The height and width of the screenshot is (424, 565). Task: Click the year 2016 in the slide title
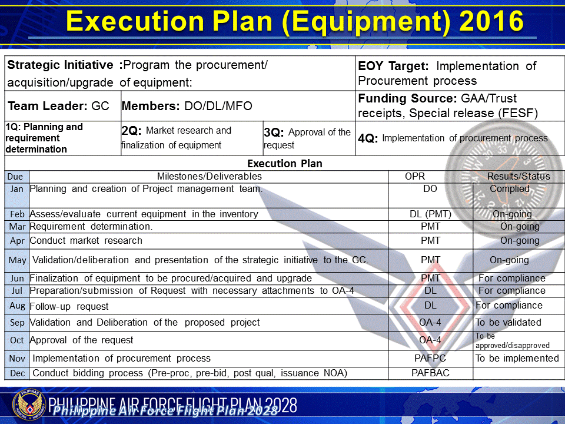tap(490, 22)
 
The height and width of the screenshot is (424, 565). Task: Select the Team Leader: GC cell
tap(59, 107)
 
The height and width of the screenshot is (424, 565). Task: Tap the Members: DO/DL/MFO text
tap(187, 107)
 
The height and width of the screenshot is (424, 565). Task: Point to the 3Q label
tap(274, 132)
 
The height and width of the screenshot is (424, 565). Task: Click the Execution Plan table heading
tap(285, 163)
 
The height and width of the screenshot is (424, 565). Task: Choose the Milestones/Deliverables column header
tap(209, 176)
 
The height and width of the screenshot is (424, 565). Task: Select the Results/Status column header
tap(519, 176)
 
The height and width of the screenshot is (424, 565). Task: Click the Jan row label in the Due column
tap(17, 189)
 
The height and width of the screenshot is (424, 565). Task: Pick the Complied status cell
tap(510, 189)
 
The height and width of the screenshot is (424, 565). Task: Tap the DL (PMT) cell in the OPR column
tap(430, 214)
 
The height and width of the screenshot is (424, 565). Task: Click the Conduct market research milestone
tap(86, 240)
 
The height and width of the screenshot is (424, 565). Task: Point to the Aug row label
tap(17, 306)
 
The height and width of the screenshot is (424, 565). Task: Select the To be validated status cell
tap(508, 322)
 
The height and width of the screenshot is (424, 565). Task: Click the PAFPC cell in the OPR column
tap(430, 358)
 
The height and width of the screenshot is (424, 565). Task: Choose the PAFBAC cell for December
tap(430, 373)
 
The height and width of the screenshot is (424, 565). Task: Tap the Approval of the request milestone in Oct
tap(81, 340)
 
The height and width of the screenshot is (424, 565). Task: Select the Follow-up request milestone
tap(69, 306)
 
